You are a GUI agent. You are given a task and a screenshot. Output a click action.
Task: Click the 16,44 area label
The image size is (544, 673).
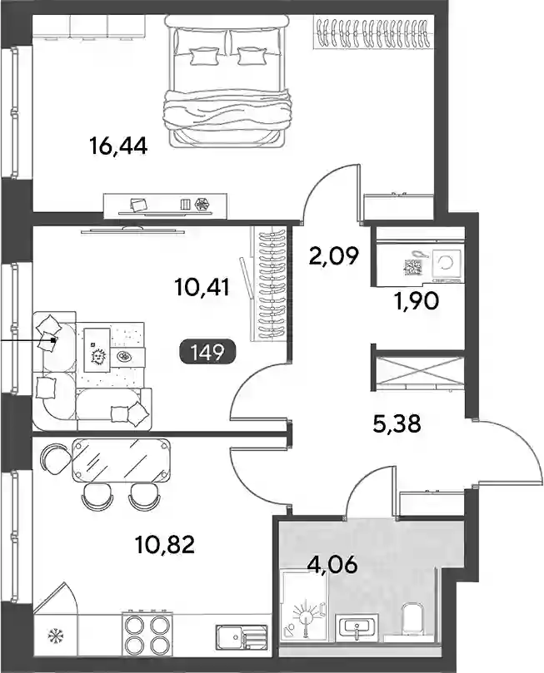[118, 146]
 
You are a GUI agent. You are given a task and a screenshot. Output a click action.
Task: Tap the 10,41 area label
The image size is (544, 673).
[202, 287]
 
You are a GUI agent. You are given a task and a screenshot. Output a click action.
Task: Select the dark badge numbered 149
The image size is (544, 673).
[207, 353]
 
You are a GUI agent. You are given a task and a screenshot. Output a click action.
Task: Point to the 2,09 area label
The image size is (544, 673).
[333, 257]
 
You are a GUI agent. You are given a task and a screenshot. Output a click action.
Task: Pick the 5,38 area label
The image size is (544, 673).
[397, 424]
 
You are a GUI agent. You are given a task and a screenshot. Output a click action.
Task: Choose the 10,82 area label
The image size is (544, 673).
[165, 545]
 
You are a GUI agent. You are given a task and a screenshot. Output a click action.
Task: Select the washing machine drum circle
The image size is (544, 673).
[445, 263]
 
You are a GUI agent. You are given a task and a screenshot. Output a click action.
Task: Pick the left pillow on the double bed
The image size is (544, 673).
[199, 56]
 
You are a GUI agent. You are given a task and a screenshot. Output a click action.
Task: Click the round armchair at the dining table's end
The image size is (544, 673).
[57, 459]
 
